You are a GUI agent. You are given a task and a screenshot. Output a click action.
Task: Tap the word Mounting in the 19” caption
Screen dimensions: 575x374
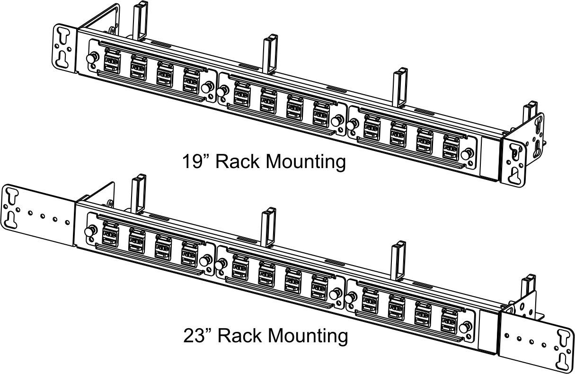(x=305, y=162)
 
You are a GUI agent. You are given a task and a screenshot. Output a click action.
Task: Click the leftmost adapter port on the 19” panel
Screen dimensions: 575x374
(x=112, y=62)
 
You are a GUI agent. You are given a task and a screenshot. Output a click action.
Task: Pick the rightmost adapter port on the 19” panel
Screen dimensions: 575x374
(x=451, y=148)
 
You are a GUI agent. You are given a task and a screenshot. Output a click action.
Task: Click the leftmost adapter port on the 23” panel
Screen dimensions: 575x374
(x=110, y=234)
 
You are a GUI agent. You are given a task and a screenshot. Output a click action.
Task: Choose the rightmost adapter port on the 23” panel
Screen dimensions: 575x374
(x=449, y=321)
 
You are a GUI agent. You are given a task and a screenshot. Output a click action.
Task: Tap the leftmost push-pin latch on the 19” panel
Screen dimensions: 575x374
(x=91, y=58)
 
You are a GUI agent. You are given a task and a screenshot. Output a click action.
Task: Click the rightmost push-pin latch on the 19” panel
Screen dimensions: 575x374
(x=466, y=155)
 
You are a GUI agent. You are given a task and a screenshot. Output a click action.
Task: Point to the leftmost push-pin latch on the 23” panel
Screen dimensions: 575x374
(x=89, y=232)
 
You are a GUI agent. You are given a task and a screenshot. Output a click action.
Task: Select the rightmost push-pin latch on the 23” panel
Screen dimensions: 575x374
(x=465, y=328)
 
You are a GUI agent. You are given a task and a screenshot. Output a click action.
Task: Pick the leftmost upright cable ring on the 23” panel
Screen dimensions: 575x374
(x=139, y=194)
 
